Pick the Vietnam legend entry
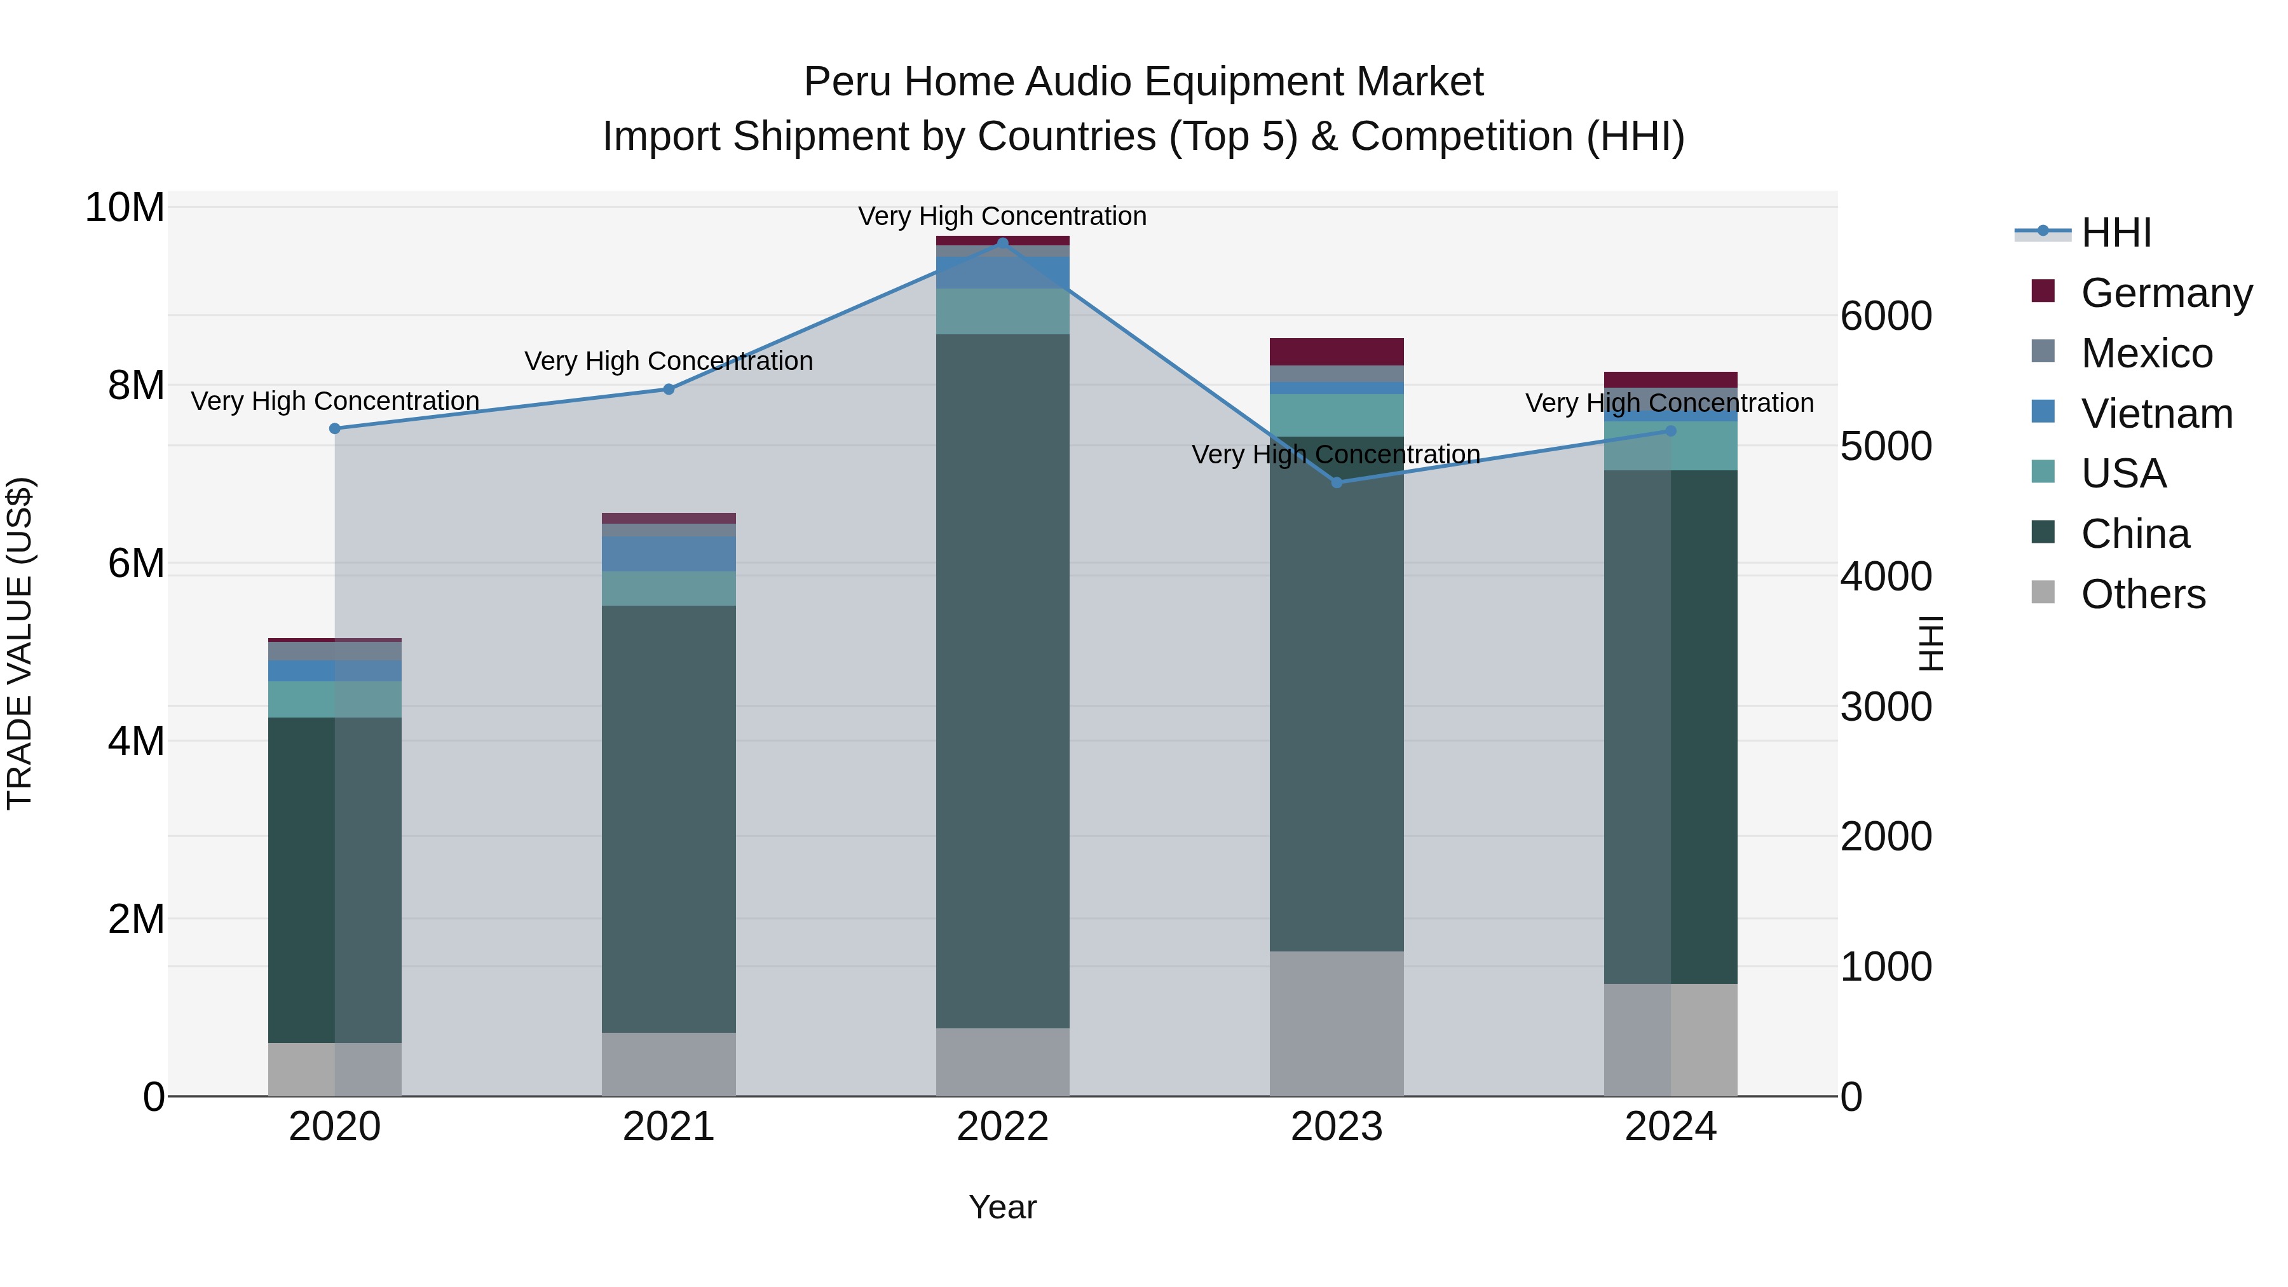[x=2156, y=414]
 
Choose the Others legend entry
[x=2142, y=594]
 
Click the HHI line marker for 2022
[x=1003, y=243]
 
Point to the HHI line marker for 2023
[x=1337, y=482]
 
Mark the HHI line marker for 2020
[x=335, y=429]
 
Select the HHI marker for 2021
[x=669, y=389]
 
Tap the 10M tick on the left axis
[x=125, y=208]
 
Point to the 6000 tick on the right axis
[x=1885, y=317]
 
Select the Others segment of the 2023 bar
[x=1337, y=1023]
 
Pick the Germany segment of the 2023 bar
[x=1337, y=351]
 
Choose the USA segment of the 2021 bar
[x=669, y=589]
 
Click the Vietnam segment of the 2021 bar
[x=669, y=554]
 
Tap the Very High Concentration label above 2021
[x=669, y=362]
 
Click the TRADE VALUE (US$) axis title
[x=20, y=643]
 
